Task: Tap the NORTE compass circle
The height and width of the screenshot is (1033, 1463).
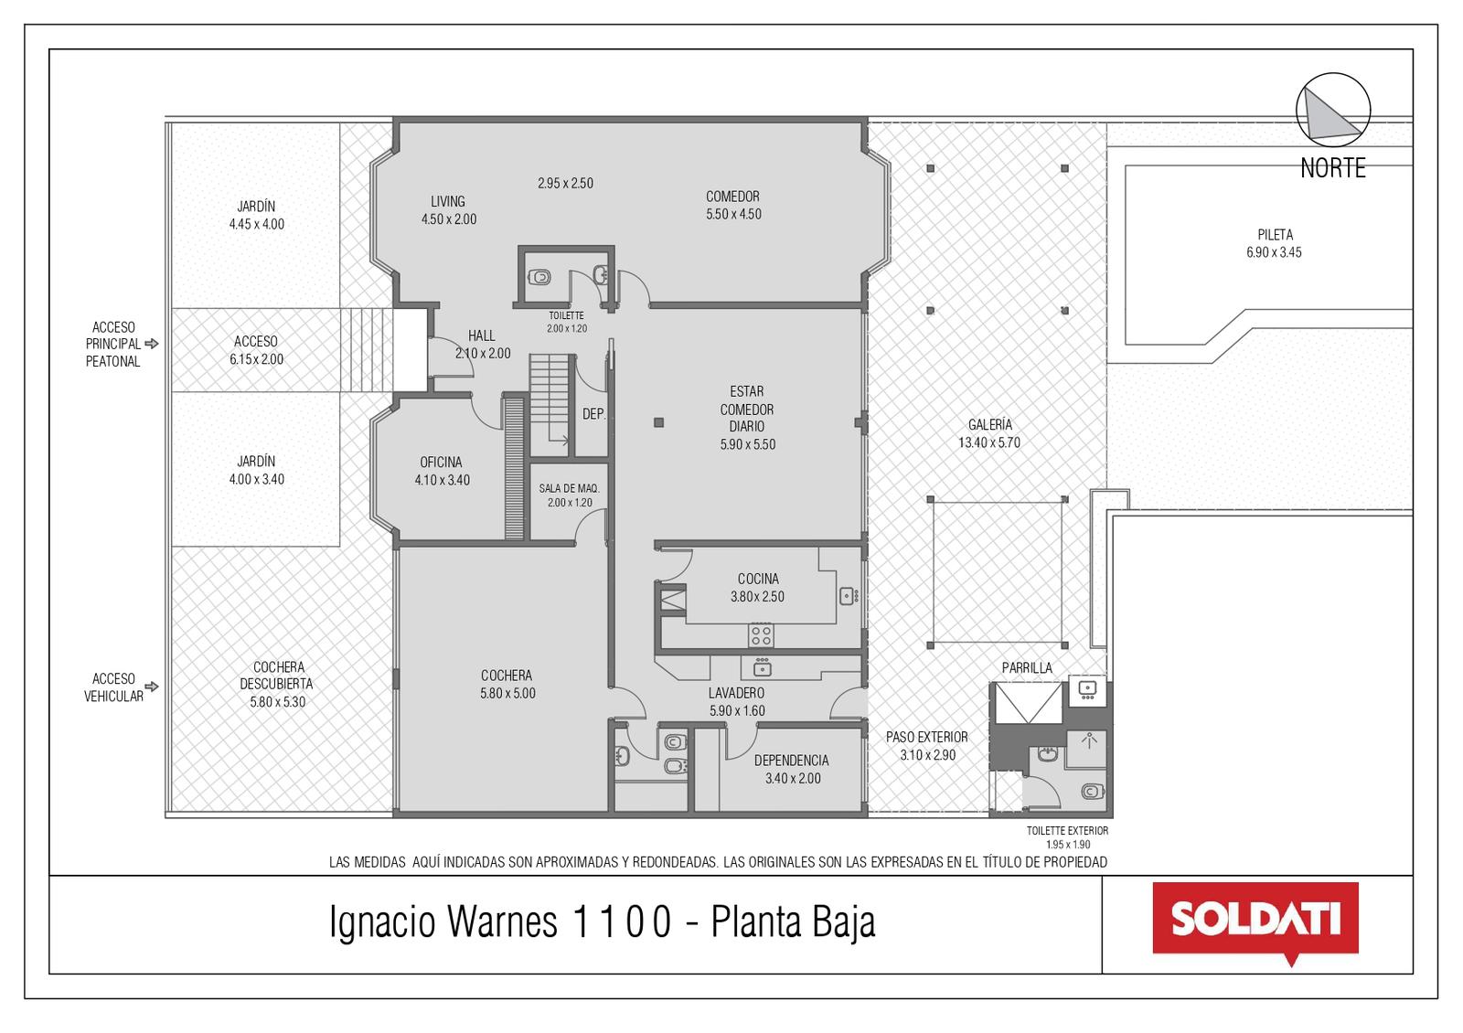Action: pos(1333,110)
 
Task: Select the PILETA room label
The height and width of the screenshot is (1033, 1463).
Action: pos(1275,243)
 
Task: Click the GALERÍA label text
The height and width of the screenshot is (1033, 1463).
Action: pos(988,433)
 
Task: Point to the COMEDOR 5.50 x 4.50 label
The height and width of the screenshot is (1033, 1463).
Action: pos(733,205)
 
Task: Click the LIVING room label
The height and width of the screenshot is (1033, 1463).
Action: pos(449,210)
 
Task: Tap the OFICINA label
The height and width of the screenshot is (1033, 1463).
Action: pos(442,471)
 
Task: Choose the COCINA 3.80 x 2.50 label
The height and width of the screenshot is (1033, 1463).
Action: pos(758,588)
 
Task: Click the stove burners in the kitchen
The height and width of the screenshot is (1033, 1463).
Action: pos(761,635)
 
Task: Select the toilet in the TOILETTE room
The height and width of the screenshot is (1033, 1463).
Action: pos(539,277)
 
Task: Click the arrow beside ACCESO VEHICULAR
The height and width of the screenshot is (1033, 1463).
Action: pos(152,687)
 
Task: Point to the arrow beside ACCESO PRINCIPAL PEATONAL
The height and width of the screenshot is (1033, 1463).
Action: pos(152,344)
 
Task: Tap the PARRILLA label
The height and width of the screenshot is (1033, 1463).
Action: pos(1028,668)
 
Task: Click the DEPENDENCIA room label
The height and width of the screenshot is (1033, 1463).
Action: pos(792,769)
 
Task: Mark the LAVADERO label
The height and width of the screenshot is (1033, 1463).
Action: pos(737,702)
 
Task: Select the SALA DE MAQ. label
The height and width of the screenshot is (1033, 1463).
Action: pos(569,495)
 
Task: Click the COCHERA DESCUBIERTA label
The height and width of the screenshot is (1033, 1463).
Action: pos(277,685)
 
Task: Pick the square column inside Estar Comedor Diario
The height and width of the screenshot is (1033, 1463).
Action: pos(659,422)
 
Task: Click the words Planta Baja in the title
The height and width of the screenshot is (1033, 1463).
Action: pos(793,922)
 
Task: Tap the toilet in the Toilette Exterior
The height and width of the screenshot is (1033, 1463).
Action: pos(1094,792)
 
